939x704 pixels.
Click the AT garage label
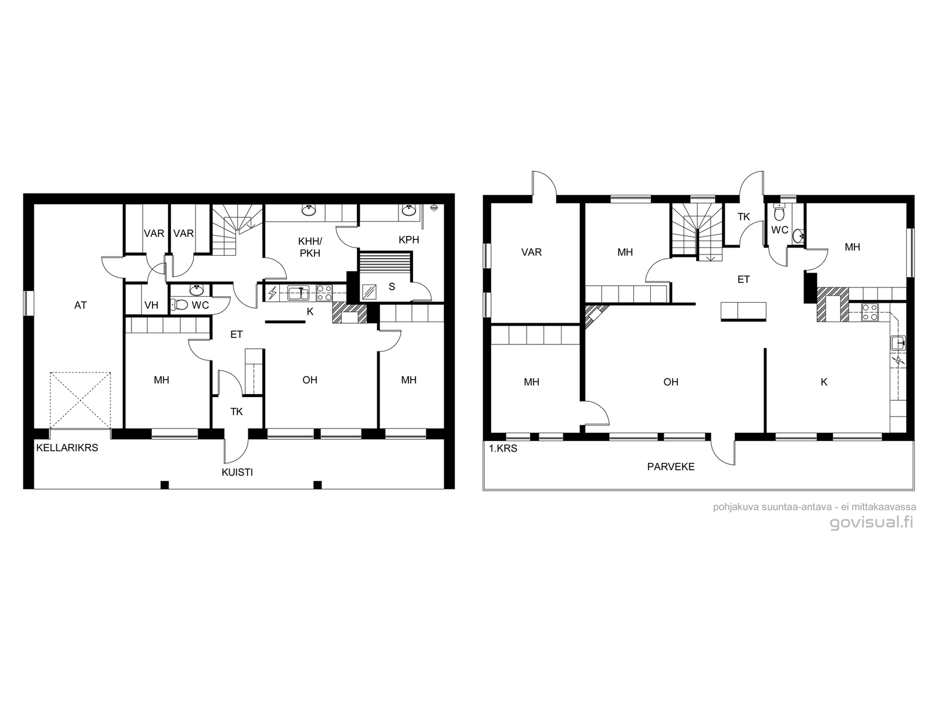80,305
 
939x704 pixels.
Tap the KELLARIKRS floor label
67,448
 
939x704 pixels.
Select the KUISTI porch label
237,472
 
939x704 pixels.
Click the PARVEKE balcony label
670,467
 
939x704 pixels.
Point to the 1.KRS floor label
503,448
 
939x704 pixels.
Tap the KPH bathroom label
408,240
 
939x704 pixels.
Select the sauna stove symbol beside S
369,292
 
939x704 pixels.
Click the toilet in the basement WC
180,304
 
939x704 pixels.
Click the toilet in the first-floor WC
778,214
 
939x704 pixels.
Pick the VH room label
151,305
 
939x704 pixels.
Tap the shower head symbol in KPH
434,208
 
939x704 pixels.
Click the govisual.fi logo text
872,522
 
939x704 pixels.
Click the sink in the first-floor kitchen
898,344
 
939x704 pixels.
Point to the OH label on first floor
670,382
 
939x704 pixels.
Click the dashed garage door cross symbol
80,400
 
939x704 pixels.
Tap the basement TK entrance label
237,412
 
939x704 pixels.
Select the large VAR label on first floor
531,252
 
